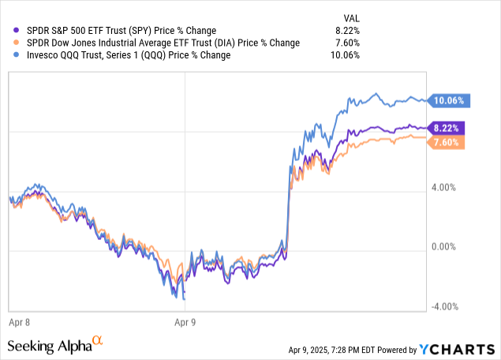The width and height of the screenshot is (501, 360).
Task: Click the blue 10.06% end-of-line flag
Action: [x=447, y=100]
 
